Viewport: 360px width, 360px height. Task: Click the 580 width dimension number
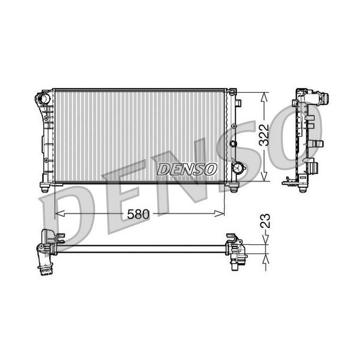pos(138,214)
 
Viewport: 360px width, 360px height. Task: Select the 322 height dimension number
pos(263,135)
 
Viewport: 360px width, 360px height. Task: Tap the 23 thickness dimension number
pos(265,221)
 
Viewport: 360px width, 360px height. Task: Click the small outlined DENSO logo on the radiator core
pos(187,169)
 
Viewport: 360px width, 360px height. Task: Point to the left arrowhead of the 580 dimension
pos(59,214)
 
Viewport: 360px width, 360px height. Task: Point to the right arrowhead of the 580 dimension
pos(220,214)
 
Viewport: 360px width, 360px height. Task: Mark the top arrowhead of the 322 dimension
pos(264,97)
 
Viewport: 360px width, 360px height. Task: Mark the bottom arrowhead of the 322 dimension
pos(264,176)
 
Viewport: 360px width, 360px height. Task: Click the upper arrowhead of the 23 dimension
pos(266,240)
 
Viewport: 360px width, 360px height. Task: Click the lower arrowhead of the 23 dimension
pos(266,259)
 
